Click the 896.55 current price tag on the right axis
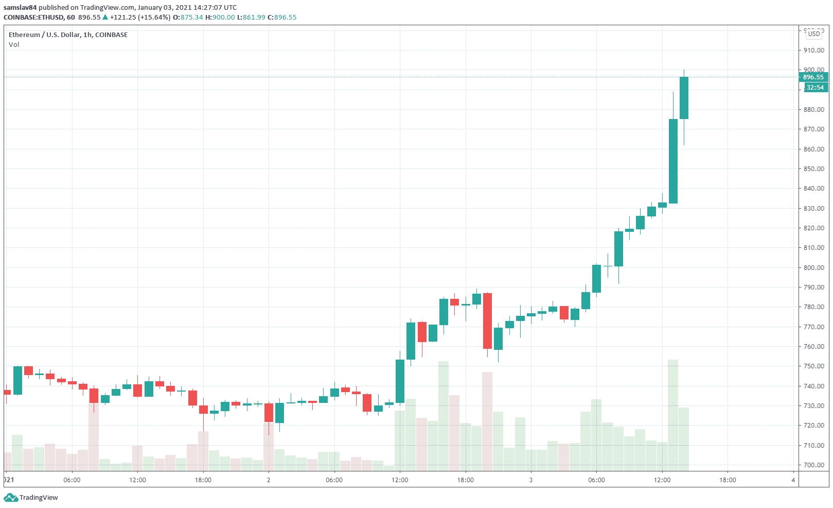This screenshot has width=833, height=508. coord(813,77)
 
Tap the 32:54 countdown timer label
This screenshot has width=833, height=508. coord(814,88)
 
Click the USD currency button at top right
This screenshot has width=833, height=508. coord(814,34)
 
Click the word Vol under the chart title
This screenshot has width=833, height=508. coord(14,45)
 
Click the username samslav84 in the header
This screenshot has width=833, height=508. coord(20,8)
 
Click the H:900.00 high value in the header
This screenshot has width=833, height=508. coord(220,18)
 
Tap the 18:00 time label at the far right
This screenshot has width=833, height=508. coord(728,480)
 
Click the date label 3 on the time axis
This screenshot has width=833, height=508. coord(531,480)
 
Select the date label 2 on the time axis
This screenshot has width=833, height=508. coord(269,480)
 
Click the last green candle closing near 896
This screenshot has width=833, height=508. coord(684,98)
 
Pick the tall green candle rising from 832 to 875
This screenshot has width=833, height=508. coord(673,161)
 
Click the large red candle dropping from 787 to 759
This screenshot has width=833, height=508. coord(487,321)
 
